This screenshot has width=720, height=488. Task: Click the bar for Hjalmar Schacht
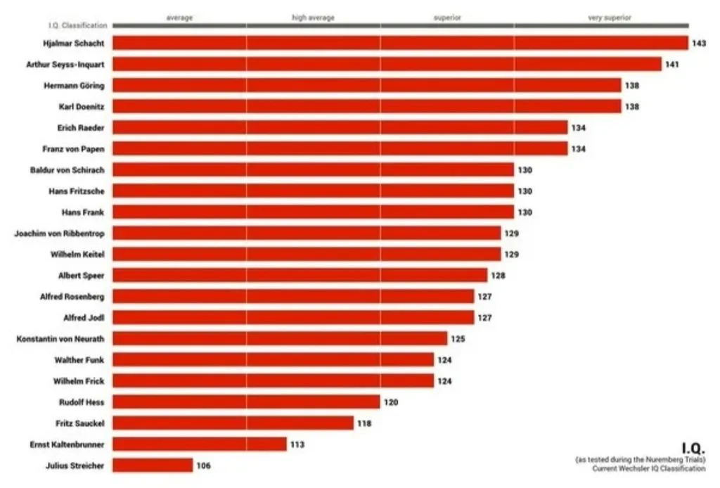(x=400, y=43)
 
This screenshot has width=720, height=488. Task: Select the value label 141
(x=671, y=64)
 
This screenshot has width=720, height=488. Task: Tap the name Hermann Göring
(x=74, y=85)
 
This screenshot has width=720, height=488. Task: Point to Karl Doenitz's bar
(x=367, y=106)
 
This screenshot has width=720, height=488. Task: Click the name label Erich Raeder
(x=81, y=127)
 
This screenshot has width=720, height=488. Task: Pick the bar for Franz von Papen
(x=340, y=149)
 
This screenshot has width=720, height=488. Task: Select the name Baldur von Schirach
(x=67, y=170)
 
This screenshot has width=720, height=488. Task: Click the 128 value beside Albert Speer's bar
(x=499, y=276)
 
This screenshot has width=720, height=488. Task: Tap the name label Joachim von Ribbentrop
(x=59, y=233)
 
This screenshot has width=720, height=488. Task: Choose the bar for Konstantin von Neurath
(x=280, y=339)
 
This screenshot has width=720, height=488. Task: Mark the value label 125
(x=458, y=339)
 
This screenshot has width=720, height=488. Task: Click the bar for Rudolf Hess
(x=246, y=402)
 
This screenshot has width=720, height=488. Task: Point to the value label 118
(x=364, y=423)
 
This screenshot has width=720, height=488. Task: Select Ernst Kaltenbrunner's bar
(x=199, y=444)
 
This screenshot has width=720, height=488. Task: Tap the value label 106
(x=203, y=465)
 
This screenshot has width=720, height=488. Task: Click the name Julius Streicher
(x=75, y=465)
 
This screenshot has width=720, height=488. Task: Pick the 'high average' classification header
(x=313, y=18)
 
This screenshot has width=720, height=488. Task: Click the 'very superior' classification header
(x=610, y=18)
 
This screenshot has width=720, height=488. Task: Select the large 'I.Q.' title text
(x=693, y=448)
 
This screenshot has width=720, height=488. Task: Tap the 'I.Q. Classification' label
(x=77, y=25)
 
